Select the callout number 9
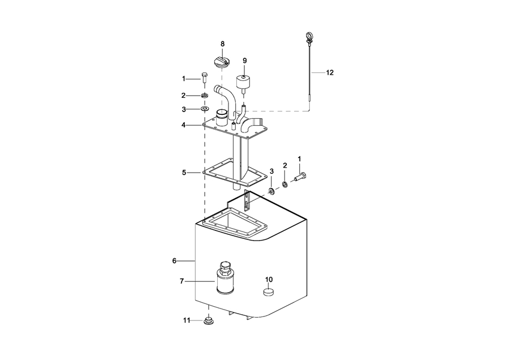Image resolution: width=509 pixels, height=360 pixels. click(245, 60)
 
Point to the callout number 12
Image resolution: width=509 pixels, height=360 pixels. click(330, 72)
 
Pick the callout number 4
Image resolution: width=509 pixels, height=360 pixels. click(183, 125)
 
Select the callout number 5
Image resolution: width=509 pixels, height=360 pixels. click(183, 172)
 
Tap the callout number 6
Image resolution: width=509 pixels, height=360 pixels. click(174, 260)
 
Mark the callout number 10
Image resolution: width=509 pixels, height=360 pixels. click(269, 279)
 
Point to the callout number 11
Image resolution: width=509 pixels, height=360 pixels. click(186, 320)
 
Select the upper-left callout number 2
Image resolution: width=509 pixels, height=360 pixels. click(183, 95)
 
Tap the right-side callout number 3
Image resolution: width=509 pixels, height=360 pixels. click(271, 170)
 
